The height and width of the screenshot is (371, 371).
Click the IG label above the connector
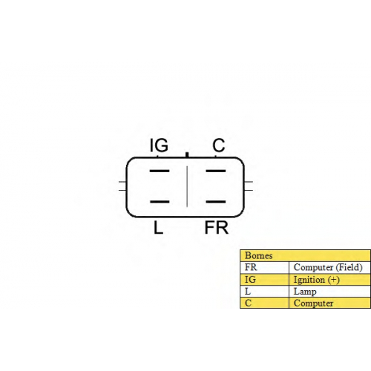(x=159, y=145)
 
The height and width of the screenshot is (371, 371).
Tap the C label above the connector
(x=219, y=145)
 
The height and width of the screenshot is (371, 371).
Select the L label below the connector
(x=158, y=228)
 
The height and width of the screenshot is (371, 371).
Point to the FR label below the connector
(x=217, y=228)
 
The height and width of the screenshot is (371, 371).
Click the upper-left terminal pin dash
(x=160, y=171)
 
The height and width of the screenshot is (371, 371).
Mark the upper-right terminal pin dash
(x=216, y=171)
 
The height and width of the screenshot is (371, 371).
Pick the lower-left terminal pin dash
(x=160, y=202)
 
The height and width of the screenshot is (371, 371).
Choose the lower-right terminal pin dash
(x=216, y=202)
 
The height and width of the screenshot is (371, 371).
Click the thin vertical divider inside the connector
(x=187, y=186)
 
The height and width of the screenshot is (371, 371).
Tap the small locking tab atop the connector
(x=187, y=155)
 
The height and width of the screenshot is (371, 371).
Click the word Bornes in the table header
(x=258, y=255)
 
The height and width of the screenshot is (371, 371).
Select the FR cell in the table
(x=251, y=267)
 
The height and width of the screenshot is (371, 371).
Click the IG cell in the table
(x=250, y=280)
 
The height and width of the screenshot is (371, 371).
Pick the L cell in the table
(x=248, y=292)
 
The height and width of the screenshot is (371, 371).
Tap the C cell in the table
(x=248, y=303)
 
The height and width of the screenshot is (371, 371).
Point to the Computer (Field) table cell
(x=328, y=267)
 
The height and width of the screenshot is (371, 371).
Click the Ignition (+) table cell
(x=316, y=280)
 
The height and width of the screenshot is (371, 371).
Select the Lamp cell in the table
(x=305, y=292)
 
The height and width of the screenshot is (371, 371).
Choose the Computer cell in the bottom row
(x=313, y=303)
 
